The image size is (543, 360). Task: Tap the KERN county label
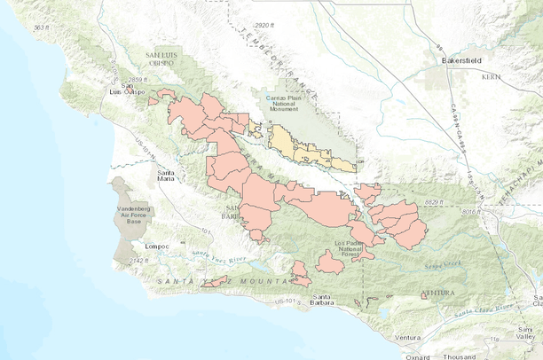click(x=492, y=78)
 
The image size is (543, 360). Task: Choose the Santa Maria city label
click(x=165, y=174)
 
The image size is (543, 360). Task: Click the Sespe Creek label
click(x=437, y=263)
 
